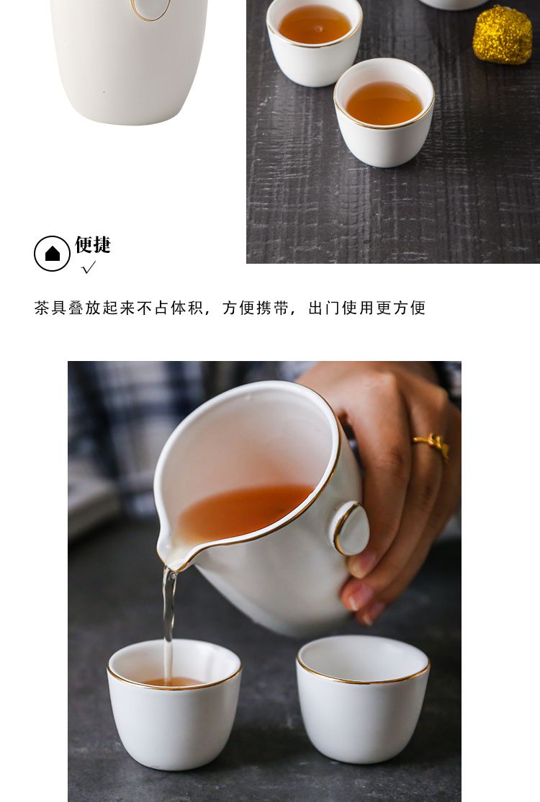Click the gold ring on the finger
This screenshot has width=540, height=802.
point(432,444)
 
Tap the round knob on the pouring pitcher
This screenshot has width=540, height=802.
point(351,529)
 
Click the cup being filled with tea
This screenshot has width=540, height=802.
point(174,704)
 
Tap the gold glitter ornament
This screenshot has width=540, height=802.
point(502,35)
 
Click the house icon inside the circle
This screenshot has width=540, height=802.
point(52,253)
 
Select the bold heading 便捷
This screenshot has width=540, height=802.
point(93,244)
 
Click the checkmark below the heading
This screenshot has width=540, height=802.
point(89,267)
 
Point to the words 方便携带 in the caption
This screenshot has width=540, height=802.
point(256,308)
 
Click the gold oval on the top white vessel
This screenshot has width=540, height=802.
point(150,9)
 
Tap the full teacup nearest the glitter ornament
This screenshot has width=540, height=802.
point(384,112)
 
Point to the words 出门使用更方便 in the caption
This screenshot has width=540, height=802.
point(366,308)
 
